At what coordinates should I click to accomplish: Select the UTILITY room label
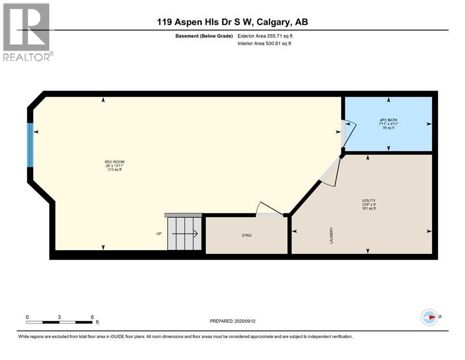point(369,200)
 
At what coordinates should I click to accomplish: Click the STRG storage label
point(247,235)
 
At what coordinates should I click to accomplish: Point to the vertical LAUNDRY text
point(331,234)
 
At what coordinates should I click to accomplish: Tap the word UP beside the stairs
point(159,233)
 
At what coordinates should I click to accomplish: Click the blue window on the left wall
point(30,145)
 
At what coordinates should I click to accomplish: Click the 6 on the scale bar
point(92,316)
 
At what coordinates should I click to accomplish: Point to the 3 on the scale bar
point(59,316)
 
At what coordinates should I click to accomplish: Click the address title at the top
point(232,22)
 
